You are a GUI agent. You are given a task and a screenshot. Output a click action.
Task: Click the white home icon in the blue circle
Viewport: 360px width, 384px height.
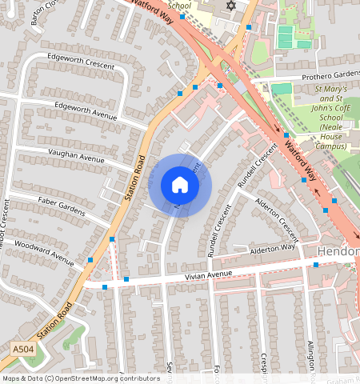(180, 185)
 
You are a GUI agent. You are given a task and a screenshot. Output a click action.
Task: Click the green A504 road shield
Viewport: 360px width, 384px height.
(24, 350)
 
